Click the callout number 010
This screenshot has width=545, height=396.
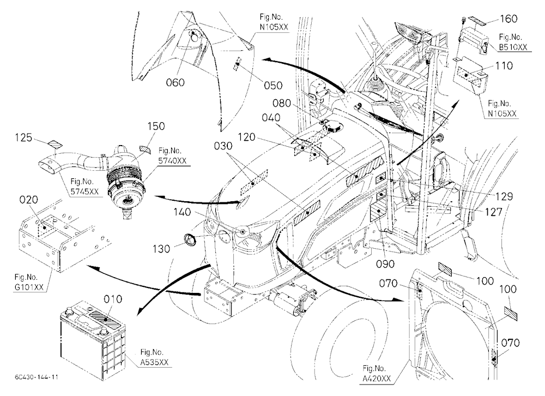(113, 299)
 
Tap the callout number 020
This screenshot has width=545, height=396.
(28, 200)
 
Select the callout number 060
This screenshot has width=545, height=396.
(175, 83)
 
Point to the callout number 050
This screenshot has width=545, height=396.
(273, 86)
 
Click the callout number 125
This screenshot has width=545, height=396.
(23, 138)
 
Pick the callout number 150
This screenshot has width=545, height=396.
(156, 126)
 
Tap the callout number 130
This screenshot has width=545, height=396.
(161, 249)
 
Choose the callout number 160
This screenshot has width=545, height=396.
(508, 19)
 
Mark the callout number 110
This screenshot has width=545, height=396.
(504, 66)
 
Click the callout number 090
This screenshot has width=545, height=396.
(385, 265)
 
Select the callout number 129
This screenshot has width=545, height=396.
(504, 197)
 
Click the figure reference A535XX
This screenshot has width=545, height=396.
(154, 362)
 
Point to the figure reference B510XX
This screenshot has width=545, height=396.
(513, 47)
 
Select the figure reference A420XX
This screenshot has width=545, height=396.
(377, 378)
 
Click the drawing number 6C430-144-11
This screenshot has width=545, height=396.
(37, 377)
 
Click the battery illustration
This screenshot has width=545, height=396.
(93, 339)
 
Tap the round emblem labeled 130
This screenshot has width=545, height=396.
(190, 240)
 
